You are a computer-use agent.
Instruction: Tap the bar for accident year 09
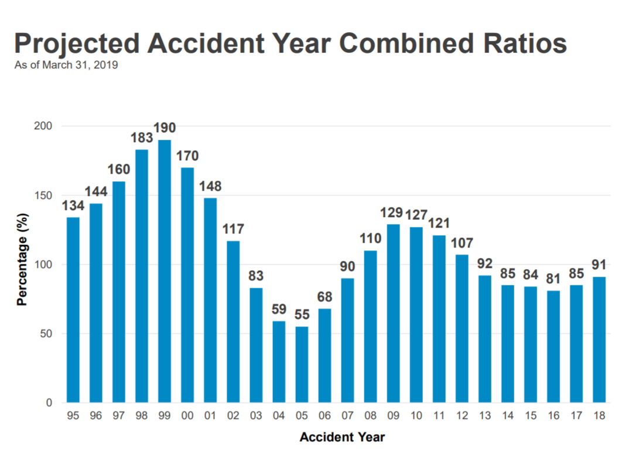[x=393, y=313]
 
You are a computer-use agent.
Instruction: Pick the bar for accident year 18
[x=599, y=339]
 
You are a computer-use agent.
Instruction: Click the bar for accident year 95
[x=73, y=310]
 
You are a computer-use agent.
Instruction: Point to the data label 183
[x=142, y=139]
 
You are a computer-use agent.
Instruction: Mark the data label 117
[x=233, y=229]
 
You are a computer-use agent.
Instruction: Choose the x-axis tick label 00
[x=187, y=416]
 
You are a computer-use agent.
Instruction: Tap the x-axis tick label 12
[x=462, y=416]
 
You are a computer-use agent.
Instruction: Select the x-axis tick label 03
[x=256, y=416]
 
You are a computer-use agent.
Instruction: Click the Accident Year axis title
[x=342, y=437]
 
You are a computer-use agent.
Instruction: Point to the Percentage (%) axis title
[x=22, y=264]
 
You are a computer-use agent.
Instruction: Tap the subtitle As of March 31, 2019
[x=66, y=65]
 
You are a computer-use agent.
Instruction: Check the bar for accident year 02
[x=233, y=322]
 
